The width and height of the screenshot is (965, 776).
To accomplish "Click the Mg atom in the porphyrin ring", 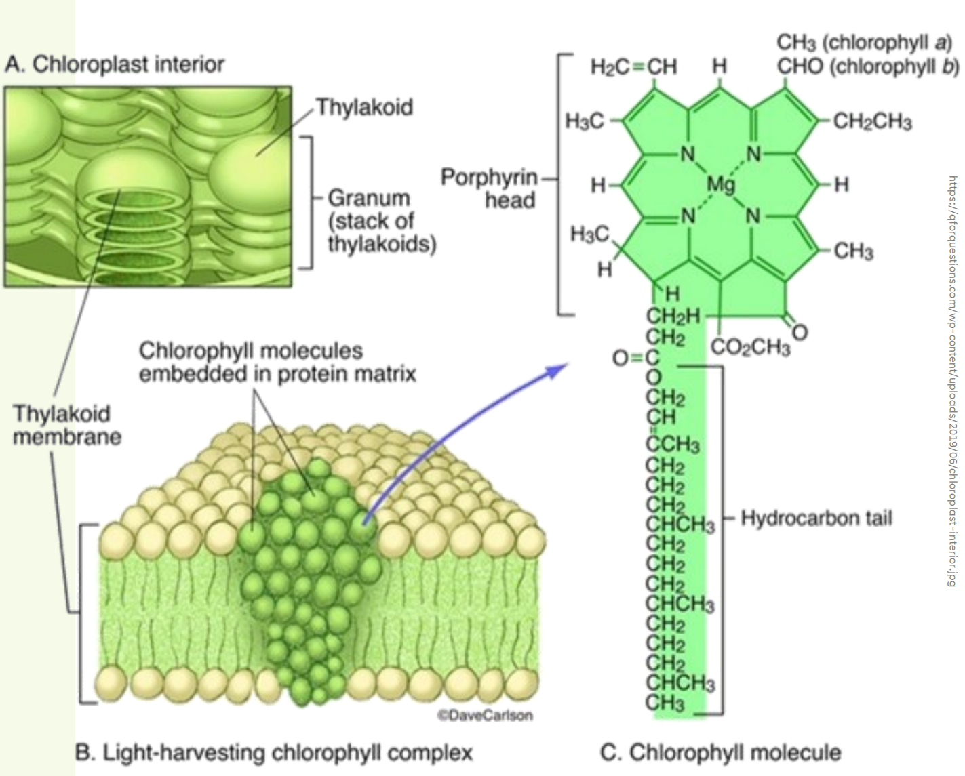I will tap(720, 184).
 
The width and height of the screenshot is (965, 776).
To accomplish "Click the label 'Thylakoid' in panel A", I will tap(364, 107).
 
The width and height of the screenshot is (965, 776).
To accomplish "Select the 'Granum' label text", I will tap(369, 198).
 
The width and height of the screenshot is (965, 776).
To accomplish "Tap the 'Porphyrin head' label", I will tap(489, 188).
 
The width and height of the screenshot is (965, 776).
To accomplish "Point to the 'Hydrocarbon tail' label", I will tap(816, 518).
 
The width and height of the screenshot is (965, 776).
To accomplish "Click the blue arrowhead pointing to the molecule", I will tap(558, 369).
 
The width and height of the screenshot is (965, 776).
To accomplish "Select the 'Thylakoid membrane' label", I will tap(66, 425).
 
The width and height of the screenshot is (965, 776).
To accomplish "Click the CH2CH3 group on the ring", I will tap(872, 122).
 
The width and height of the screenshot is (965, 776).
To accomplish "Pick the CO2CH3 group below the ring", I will tap(750, 348).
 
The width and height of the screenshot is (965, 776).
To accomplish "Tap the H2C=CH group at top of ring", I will tap(633, 66).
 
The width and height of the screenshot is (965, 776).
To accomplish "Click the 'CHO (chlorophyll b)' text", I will tap(867, 66).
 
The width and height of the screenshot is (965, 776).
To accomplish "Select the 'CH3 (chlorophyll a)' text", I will tap(864, 43).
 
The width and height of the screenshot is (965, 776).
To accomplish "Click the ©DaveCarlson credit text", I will tap(485, 715).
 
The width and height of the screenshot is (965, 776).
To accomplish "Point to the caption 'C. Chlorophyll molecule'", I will tap(720, 752).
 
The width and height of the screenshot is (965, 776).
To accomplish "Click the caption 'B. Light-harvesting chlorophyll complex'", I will tap(273, 752).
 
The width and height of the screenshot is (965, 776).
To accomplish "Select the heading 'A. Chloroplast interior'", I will tap(114, 64).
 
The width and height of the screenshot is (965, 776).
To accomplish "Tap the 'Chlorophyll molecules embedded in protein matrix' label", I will tap(277, 362).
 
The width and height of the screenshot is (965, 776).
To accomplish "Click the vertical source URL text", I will tap(952, 380).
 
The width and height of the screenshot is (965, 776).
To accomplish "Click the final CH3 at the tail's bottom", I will tap(665, 703).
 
